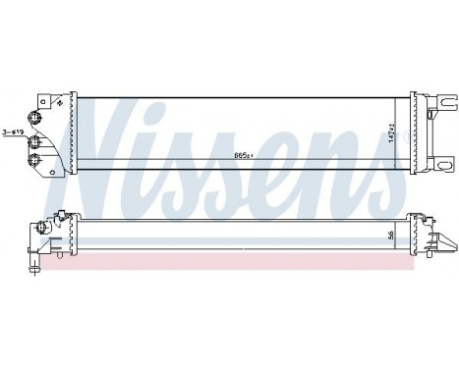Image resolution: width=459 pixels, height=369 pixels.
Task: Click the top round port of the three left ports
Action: [37, 119]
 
